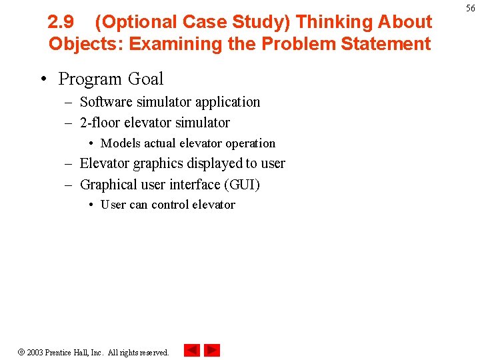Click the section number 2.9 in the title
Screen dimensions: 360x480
pyautogui.click(x=61, y=22)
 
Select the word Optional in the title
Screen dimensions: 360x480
pyautogui.click(x=136, y=22)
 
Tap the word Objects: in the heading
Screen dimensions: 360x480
pyautogui.click(x=85, y=45)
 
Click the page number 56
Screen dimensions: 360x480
pyautogui.click(x=470, y=8)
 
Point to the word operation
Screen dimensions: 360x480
pyautogui.click(x=250, y=143)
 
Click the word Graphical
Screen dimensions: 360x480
pyautogui.click(x=107, y=185)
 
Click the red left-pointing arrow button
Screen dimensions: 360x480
pyautogui.click(x=192, y=350)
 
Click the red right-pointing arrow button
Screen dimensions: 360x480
pyautogui.click(x=212, y=350)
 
